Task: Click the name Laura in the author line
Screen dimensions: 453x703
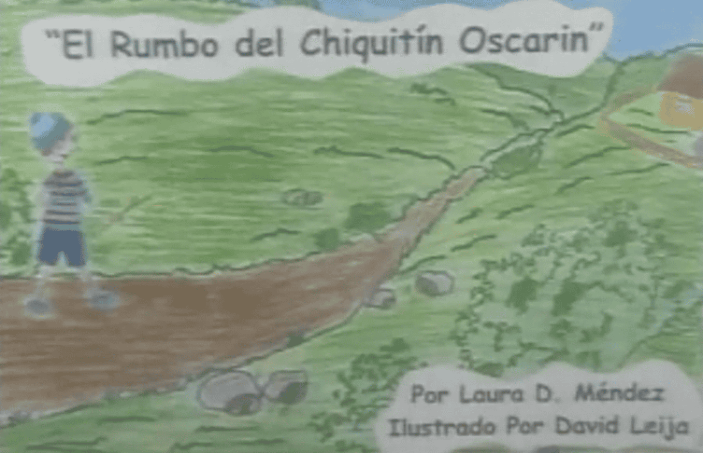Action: (x=492, y=394)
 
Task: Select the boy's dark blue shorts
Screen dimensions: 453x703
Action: (x=62, y=244)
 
